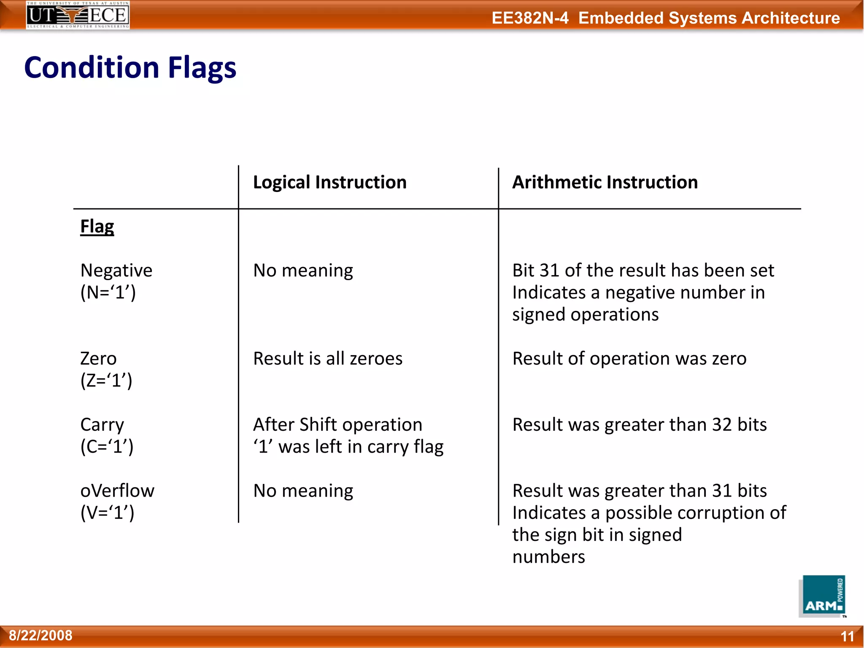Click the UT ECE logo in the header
coord(78,15)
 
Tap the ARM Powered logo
coord(822,596)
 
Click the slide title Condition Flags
coord(130,67)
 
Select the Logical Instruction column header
coord(329,182)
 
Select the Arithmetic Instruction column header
coord(605,182)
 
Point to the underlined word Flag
coord(97,227)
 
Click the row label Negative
coord(116,270)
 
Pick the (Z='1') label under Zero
coord(106,381)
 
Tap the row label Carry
coord(102,424)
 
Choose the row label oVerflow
coord(117,491)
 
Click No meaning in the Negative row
coord(303,270)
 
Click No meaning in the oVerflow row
coord(303,491)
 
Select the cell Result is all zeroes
coord(328,359)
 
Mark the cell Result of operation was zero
coord(629,359)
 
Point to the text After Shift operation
coord(337,424)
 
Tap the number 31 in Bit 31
coord(550,270)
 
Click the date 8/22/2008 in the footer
coord(40,635)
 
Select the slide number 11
coord(847,636)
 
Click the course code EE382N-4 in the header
coord(530,18)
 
